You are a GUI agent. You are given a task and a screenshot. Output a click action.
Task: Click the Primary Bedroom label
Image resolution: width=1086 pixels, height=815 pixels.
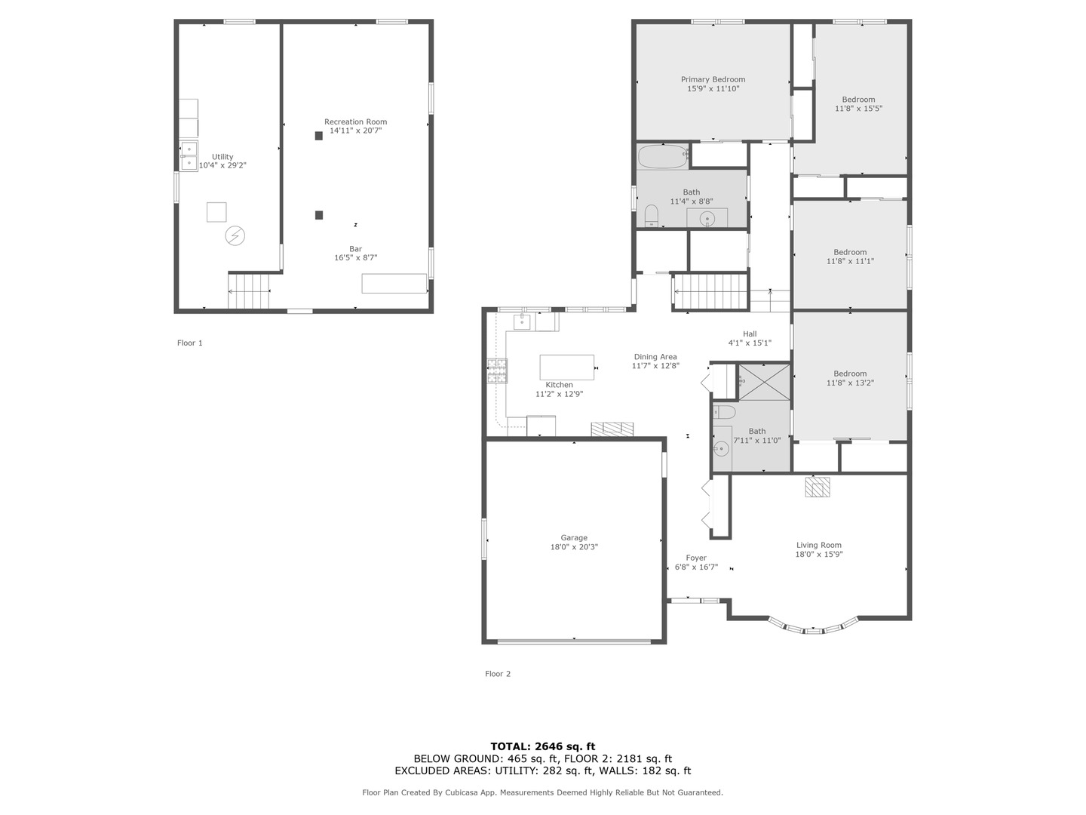(713, 79)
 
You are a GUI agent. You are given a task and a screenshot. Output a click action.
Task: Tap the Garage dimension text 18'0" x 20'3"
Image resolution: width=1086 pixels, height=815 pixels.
(574, 547)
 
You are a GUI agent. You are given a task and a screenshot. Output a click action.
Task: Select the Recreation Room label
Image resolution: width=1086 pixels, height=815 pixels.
(355, 121)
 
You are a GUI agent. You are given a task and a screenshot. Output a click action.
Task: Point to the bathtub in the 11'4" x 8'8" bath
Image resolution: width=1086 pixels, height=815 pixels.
(662, 156)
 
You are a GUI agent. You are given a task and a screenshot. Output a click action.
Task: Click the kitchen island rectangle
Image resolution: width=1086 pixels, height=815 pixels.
(566, 368)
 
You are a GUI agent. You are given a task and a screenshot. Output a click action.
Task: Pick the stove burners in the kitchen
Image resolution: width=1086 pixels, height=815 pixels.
(497, 371)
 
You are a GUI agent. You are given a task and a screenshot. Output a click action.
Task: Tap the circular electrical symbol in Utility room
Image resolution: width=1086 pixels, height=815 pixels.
(235, 235)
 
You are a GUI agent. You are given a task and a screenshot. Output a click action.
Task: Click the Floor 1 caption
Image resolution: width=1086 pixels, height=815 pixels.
(190, 343)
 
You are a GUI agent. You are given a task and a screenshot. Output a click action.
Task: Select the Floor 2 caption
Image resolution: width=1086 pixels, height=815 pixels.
(497, 673)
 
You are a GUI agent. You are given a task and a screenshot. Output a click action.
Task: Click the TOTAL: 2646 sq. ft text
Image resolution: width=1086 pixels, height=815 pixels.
(543, 746)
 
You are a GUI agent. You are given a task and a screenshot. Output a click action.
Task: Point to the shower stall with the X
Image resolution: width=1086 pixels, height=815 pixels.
(764, 382)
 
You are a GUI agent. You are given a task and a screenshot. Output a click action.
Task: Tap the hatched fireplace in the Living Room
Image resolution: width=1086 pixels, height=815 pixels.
(818, 487)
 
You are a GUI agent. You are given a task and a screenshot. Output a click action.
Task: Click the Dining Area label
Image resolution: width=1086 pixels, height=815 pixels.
(655, 357)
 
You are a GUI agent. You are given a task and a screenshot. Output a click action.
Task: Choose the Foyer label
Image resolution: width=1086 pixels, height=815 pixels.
(696, 558)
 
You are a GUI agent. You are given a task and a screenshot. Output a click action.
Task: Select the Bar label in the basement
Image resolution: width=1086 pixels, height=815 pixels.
(355, 249)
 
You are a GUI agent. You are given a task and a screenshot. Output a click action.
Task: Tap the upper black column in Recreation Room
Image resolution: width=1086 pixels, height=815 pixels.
(318, 136)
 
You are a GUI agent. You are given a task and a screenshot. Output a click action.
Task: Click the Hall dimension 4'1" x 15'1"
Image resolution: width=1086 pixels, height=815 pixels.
(750, 343)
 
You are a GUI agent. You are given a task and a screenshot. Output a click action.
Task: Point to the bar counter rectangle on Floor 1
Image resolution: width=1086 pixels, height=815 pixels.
(394, 284)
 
